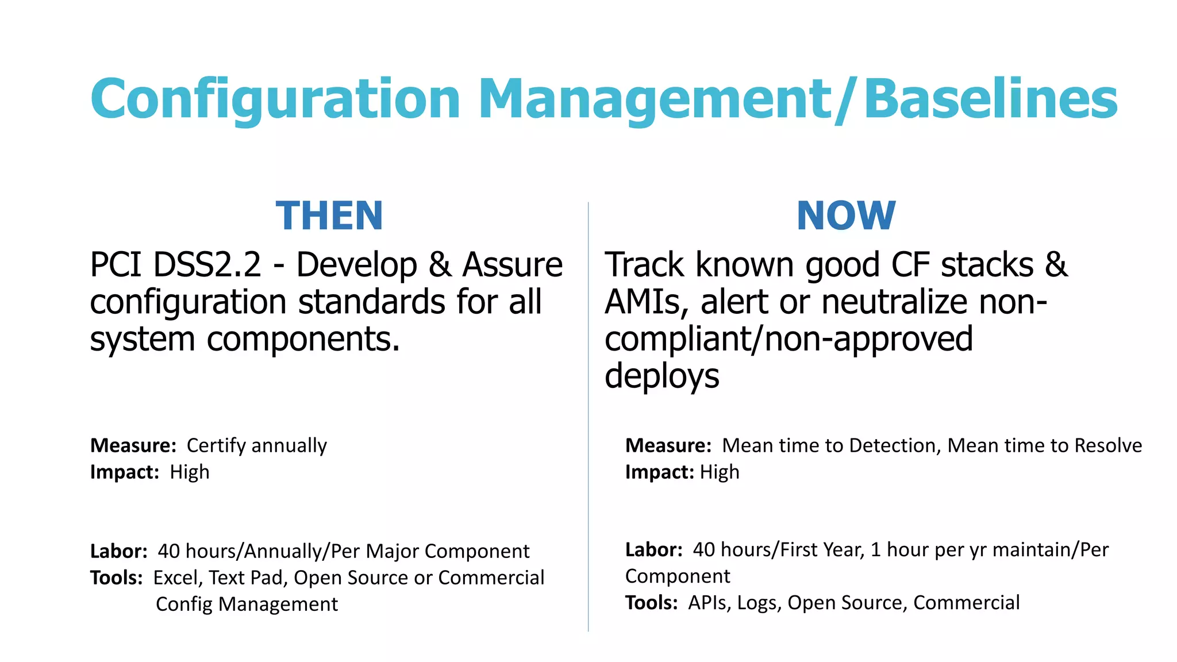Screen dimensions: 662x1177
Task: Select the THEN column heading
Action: tap(329, 216)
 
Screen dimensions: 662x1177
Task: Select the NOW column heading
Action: tap(845, 216)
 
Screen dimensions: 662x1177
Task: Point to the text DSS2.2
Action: tap(207, 265)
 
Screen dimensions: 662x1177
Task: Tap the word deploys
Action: tap(661, 376)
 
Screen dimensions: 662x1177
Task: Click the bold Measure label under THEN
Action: tap(133, 445)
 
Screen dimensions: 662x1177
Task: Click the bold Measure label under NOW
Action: tap(668, 445)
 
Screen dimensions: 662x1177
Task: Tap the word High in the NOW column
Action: tap(720, 472)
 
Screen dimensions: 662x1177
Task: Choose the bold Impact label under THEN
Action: tap(124, 472)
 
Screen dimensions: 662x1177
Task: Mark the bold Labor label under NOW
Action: tap(653, 549)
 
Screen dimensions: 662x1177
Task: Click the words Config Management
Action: tap(247, 604)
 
